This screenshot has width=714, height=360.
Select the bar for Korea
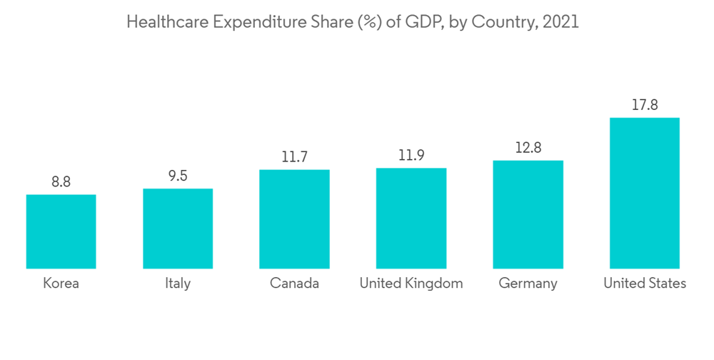pos(61,231)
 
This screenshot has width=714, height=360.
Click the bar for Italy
pos(178,229)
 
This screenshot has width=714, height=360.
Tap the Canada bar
pos(294,219)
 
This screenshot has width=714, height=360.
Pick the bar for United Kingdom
pos(411,219)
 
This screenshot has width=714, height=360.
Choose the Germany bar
pos(528,214)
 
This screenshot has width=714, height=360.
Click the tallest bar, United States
pos(644,193)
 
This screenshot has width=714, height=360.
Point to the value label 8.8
pos(61,182)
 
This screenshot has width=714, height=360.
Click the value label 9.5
pos(178,176)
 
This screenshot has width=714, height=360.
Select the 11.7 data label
pos(294,157)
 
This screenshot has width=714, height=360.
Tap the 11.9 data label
pos(411,156)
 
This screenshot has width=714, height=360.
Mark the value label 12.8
pos(528,148)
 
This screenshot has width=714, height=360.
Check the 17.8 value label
pos(644,105)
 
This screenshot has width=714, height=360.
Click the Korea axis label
pos(61,284)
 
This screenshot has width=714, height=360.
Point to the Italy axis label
pos(177,284)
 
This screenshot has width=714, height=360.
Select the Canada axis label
pos(294,284)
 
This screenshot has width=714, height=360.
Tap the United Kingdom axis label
pos(411,284)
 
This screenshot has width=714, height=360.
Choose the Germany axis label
pos(528,284)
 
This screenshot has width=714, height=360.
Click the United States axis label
pos(644,284)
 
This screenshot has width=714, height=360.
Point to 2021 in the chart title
pos(560,22)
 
